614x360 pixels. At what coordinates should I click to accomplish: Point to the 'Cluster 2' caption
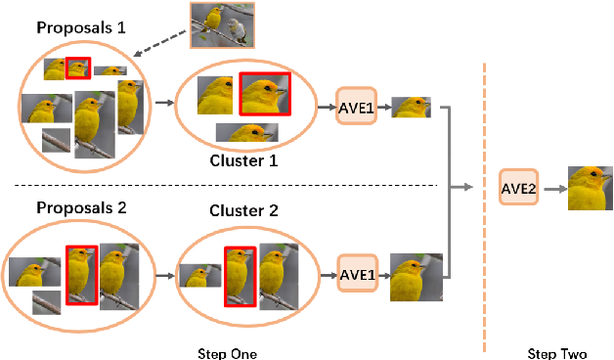pos(244,210)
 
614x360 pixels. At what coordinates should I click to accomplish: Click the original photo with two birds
pos(222,24)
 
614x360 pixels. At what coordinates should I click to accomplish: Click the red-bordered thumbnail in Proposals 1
pos(78,67)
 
